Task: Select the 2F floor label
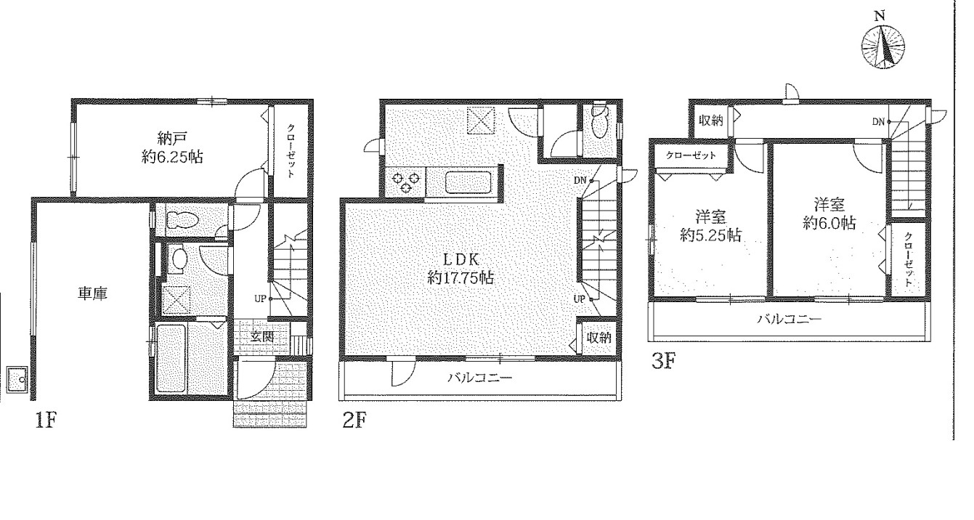pos(354,420)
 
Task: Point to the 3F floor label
pos(664,361)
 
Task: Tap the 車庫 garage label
pos(93,294)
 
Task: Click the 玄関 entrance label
pos(262,336)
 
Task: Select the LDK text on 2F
pos(461,259)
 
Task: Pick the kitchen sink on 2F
pos(468,182)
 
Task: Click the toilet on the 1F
pos(182,219)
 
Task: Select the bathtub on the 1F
pos(171,358)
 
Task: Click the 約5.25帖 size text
pos(711,235)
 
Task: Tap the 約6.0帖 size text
pos(829,223)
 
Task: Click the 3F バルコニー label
pos(790,320)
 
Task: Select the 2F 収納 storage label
pos(599,338)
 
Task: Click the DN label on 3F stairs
pos(878,122)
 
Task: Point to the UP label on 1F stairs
pos(260,298)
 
